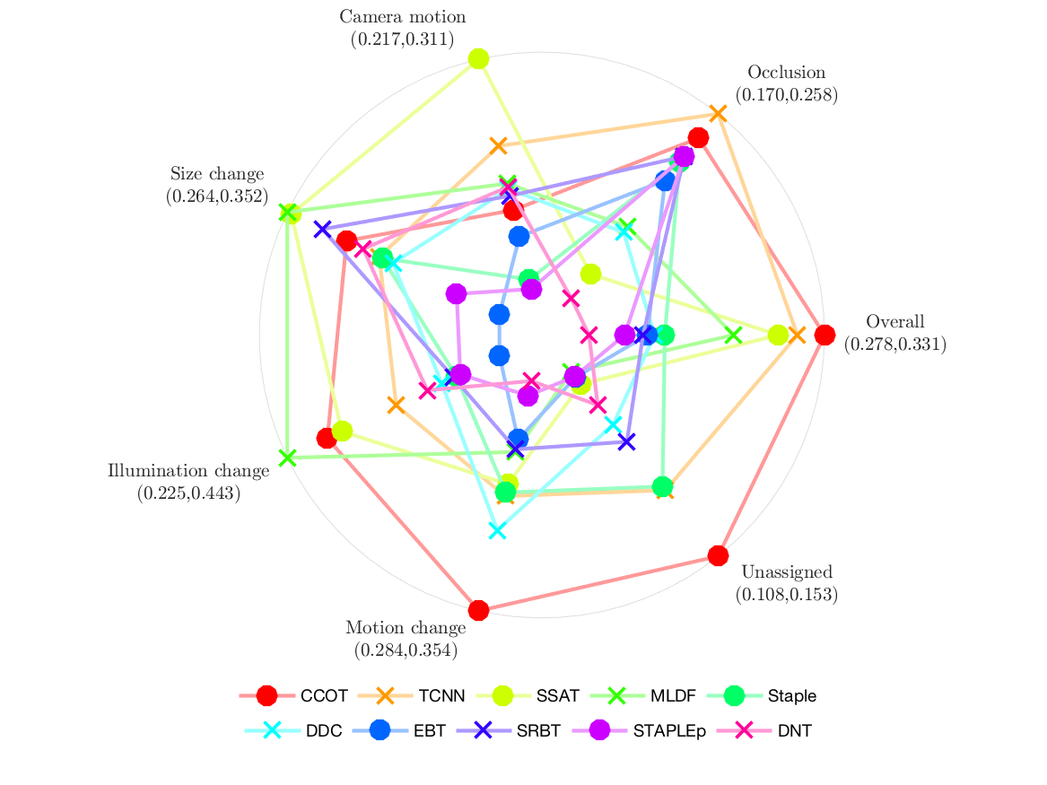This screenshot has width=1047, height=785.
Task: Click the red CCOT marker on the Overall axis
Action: [825, 335]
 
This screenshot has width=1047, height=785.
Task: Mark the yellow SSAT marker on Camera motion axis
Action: [478, 59]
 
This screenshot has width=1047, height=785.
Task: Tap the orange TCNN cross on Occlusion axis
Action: [718, 113]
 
